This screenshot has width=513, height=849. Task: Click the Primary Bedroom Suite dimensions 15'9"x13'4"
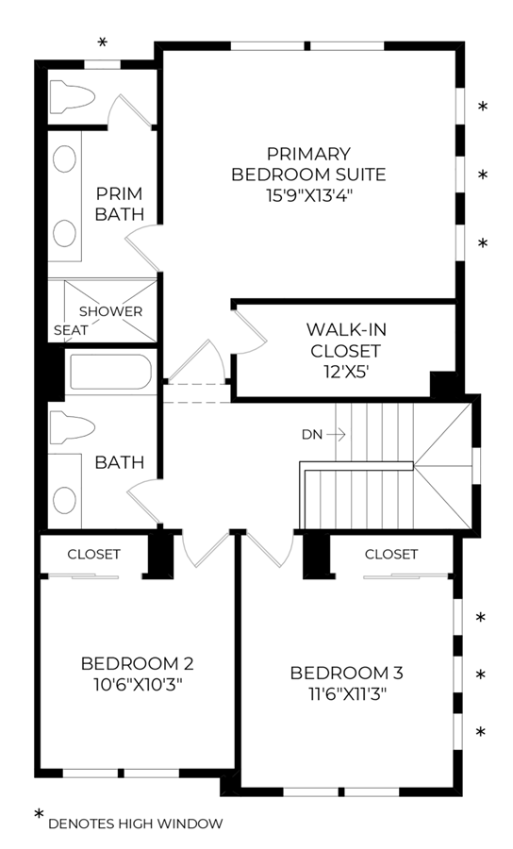coord(309,195)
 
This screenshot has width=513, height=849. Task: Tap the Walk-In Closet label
coord(346,340)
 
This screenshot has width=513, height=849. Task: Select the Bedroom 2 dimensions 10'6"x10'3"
coord(138,685)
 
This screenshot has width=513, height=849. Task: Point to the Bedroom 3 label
coord(346,673)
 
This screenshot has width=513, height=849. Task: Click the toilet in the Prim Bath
coord(72,97)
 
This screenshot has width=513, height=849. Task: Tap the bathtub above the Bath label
coord(111,372)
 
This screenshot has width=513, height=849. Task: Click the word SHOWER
coord(111,311)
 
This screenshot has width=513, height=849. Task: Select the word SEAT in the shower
coord(71,330)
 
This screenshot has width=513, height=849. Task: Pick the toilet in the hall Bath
coord(72,427)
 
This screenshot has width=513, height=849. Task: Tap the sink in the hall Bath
coord(64,499)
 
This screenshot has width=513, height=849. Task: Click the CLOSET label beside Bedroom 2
coord(93,554)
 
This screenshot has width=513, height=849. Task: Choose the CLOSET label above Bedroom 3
coord(391,554)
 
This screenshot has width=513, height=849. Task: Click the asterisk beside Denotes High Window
coord(39,814)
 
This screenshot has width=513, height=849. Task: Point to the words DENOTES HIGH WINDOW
coord(135,824)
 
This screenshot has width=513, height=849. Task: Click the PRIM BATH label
coord(120,204)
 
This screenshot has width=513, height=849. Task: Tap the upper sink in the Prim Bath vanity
coord(64,158)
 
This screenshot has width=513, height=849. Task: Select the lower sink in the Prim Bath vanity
coord(64,233)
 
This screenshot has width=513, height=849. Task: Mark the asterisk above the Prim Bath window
coord(102,42)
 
